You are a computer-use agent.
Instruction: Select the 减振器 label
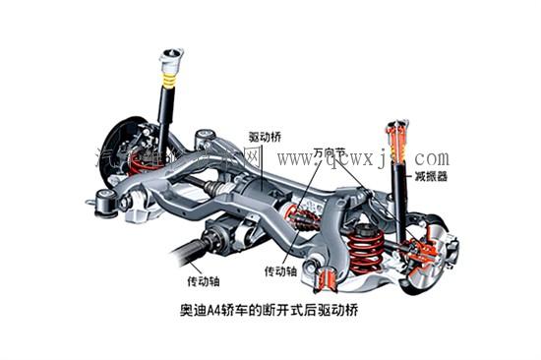point(430,176)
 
